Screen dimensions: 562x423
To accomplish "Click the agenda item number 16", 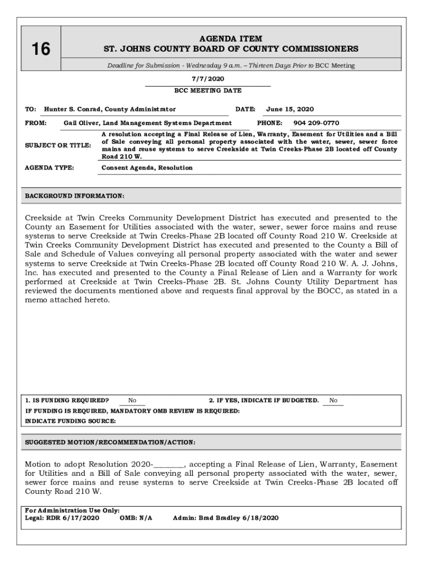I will click(40, 49).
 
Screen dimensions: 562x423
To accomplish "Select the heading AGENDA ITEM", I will click(231, 38).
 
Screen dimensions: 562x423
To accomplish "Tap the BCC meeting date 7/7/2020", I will click(208, 79).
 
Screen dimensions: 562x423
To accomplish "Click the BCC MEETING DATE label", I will click(208, 91).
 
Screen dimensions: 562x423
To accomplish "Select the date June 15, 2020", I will click(290, 109).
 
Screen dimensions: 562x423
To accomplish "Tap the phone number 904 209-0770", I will click(316, 123).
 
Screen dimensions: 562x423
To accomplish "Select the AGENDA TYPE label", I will click(49, 167).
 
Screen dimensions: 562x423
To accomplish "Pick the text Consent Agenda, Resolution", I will click(147, 167).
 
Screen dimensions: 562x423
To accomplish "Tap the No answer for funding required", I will click(132, 401).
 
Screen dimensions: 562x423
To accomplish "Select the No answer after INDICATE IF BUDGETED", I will click(333, 401).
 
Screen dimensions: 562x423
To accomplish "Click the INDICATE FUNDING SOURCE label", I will click(71, 421).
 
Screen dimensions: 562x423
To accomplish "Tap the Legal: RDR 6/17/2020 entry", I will click(62, 518).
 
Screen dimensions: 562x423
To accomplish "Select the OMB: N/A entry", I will click(136, 518).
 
